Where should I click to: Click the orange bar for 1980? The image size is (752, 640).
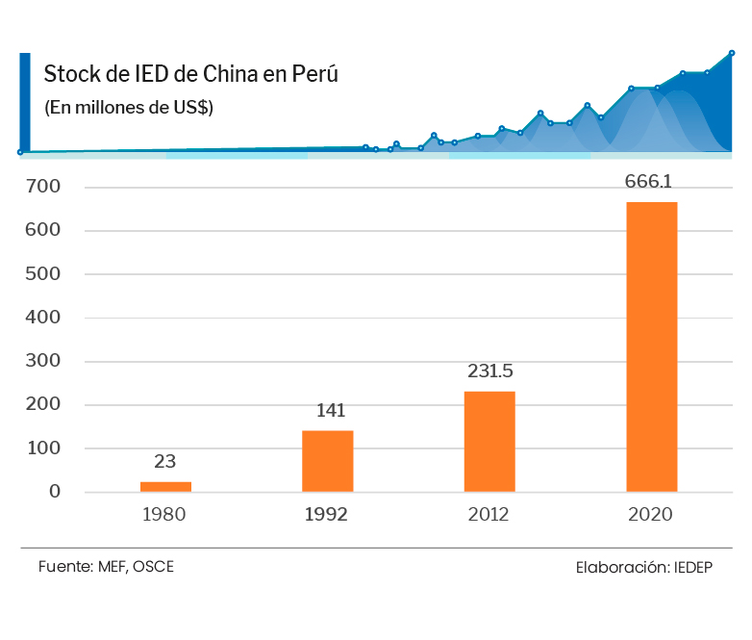(x=165, y=487)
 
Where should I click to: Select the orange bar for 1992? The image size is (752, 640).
(x=327, y=461)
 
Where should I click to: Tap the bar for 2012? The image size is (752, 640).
(x=489, y=442)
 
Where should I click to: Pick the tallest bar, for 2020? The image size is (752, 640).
(x=651, y=346)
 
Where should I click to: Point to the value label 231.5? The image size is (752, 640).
(x=490, y=371)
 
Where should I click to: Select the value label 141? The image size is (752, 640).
(x=330, y=411)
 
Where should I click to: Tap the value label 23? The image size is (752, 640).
(x=164, y=461)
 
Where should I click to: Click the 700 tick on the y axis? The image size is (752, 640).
(x=44, y=187)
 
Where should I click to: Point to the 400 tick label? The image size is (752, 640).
(x=44, y=318)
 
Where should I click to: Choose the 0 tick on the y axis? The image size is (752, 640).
(x=55, y=492)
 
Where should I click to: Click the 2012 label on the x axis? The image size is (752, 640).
(x=489, y=514)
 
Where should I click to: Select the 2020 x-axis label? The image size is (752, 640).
(x=650, y=514)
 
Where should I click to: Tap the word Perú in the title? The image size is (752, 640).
(x=314, y=75)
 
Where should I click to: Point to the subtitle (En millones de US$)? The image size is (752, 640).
(x=129, y=108)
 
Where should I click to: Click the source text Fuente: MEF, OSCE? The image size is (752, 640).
(x=106, y=566)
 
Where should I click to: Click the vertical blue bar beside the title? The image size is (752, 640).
(x=25, y=102)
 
